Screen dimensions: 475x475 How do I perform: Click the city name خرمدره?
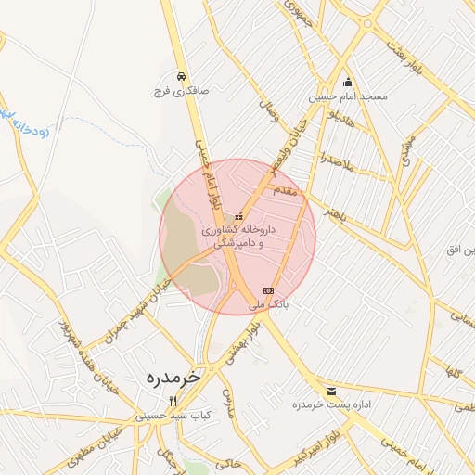[x=173, y=379]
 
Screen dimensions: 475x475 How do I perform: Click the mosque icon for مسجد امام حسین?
[x=348, y=81]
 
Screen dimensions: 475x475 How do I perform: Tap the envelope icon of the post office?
[x=332, y=391]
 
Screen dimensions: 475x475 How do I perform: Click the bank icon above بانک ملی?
[x=269, y=290]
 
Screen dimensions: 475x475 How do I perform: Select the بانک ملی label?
[x=270, y=304]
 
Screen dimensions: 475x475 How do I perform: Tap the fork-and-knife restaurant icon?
[x=172, y=401]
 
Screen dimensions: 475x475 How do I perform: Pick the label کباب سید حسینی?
[x=172, y=417]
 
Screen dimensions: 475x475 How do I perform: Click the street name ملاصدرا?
[x=336, y=163]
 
